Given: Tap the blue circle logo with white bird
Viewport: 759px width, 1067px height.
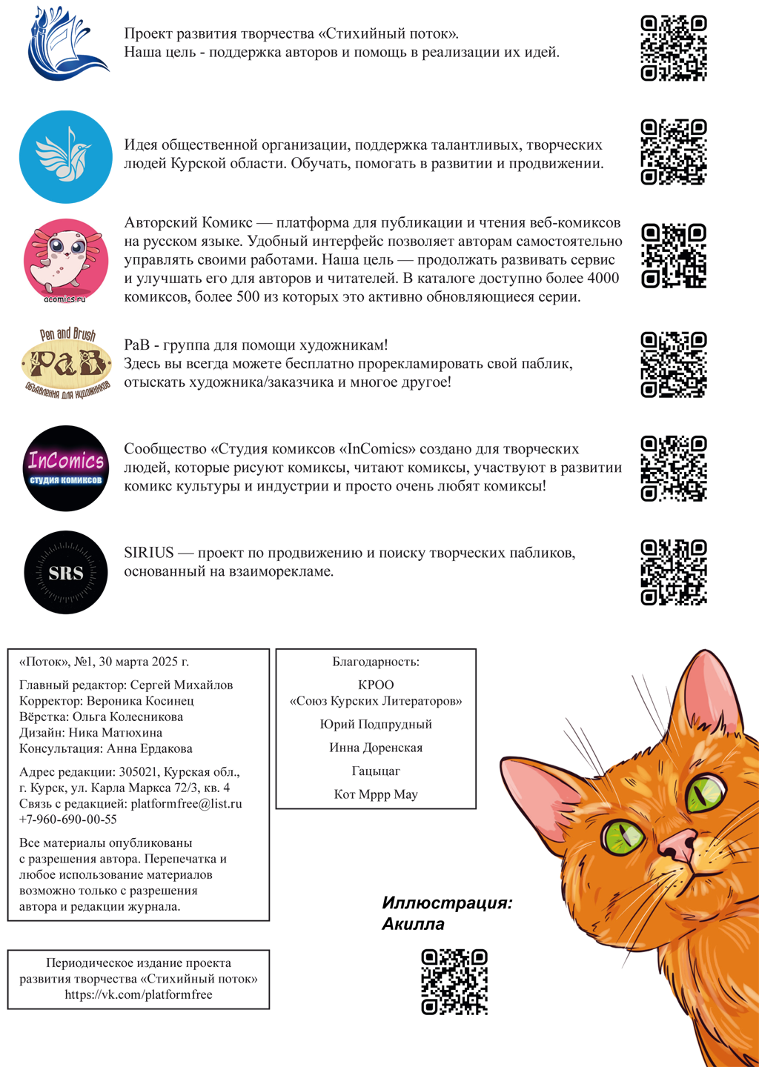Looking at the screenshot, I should [x=66, y=157].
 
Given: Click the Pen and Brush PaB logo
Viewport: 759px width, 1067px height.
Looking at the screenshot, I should [x=66, y=364].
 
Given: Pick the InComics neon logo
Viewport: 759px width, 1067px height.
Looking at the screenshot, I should [x=66, y=468].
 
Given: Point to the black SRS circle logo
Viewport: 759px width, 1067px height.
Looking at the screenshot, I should [x=66, y=572].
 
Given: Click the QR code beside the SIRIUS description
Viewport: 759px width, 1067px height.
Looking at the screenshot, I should [x=674, y=572].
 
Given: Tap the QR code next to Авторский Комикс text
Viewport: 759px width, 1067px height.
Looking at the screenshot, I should [x=674, y=256].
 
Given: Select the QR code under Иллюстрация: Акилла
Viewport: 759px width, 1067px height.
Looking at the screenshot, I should [x=454, y=982].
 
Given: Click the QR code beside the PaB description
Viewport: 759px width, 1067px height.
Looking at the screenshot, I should [x=674, y=365].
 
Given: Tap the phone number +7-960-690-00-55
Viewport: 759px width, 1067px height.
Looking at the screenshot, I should [x=68, y=820].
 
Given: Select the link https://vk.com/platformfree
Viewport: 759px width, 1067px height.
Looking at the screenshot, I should [x=139, y=995].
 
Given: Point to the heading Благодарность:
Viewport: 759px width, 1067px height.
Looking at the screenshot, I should [x=376, y=662].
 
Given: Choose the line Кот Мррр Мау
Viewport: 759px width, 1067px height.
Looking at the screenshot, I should [x=376, y=794].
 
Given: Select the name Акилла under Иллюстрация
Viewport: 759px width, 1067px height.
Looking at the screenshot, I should [x=414, y=925].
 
